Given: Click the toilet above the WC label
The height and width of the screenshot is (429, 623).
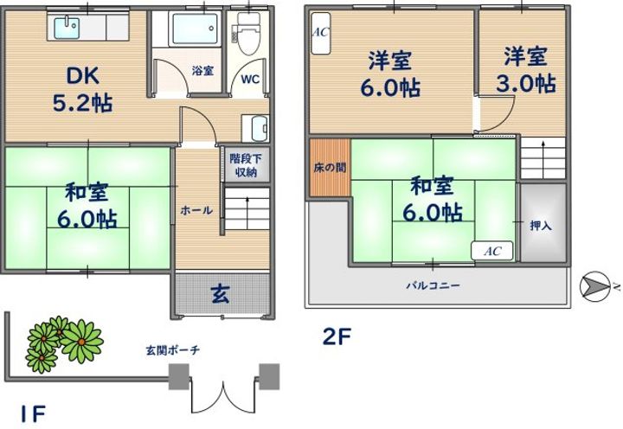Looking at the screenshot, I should (250, 31).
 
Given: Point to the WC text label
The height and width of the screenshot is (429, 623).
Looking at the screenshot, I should (250, 79).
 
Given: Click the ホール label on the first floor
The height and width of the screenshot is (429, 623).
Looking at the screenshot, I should (196, 209).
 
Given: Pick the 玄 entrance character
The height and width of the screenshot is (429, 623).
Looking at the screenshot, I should (221, 294).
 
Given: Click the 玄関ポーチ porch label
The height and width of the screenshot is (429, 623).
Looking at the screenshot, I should (172, 349).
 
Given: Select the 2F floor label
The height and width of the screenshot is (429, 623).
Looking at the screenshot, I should (337, 335).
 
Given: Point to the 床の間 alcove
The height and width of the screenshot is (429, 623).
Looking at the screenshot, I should (330, 166).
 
